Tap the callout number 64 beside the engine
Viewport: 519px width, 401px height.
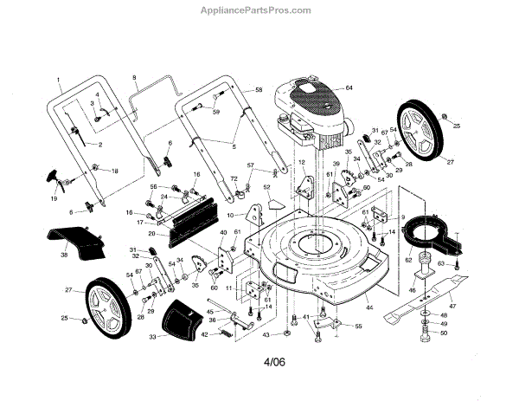click(349, 87)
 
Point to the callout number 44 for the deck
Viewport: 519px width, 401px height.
click(369, 308)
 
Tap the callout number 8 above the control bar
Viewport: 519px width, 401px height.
click(134, 79)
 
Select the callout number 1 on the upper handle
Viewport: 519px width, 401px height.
click(59, 79)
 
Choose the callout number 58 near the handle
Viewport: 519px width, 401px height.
click(258, 90)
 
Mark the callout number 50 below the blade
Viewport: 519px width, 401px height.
click(445, 333)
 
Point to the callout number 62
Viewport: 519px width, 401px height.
click(408, 258)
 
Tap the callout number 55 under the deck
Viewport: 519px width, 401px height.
click(358, 327)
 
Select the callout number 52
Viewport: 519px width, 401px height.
click(267, 187)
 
